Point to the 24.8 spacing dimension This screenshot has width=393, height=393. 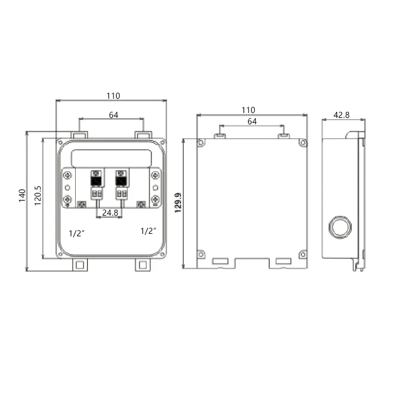[x=110, y=213]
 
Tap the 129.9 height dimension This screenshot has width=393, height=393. [x=178, y=202]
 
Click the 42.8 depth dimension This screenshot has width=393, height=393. [x=341, y=115]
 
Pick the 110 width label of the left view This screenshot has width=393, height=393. [x=112, y=96]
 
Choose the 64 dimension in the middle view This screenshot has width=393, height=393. [x=252, y=121]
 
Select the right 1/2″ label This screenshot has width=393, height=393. [x=149, y=231]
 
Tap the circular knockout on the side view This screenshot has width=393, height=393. [x=339, y=226]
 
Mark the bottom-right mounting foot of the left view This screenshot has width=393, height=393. [x=142, y=265]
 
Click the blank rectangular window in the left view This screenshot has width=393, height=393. [x=111, y=158]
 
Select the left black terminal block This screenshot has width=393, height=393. [x=97, y=180]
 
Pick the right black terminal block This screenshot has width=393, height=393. [x=121, y=180]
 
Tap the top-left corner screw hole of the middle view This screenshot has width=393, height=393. [x=200, y=143]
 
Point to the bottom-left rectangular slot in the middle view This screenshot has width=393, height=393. [x=220, y=261]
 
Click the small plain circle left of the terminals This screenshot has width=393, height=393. [x=68, y=188]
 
